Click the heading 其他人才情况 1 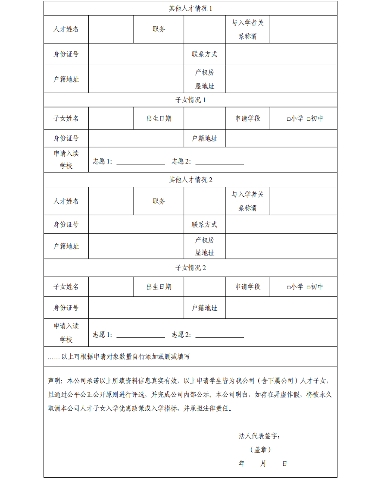point(190,9)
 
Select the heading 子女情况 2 point(190,268)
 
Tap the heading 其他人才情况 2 point(190,180)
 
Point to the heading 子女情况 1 point(190,100)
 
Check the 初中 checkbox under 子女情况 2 point(308,287)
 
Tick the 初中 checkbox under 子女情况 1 point(308,119)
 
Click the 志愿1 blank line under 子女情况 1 point(141,163)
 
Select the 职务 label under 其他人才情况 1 point(159,29)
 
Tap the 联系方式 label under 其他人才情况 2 point(204,225)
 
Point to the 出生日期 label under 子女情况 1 point(159,119)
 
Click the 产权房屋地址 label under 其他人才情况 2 point(204,246)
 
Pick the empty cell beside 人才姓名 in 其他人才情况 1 point(111,29)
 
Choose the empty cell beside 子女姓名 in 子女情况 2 point(111,287)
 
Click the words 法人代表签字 point(259,436)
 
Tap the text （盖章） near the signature point(260,450)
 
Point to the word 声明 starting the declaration point(54,381)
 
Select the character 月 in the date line point(263,464)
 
